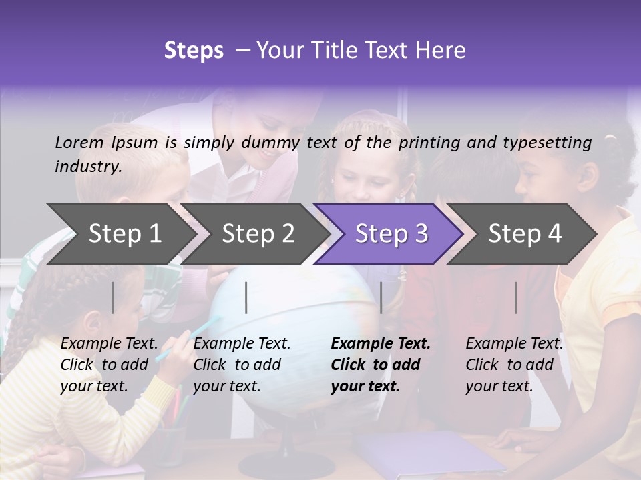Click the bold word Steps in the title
194,51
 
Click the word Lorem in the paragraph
79,142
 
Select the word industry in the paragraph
87,167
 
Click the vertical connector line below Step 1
113,297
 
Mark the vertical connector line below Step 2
246,297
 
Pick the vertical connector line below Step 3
381,297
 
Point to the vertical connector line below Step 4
516,297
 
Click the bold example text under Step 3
380,365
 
